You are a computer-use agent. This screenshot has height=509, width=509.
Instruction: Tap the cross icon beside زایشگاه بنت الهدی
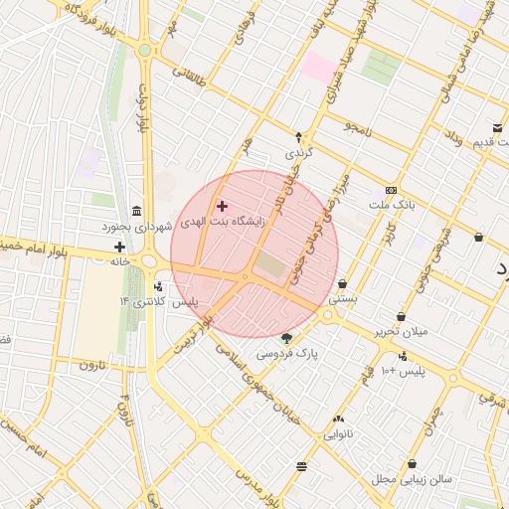pos(222,206)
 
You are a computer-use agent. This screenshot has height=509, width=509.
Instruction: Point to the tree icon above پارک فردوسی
pos(287,338)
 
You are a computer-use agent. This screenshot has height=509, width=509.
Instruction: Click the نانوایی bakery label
pos(339,434)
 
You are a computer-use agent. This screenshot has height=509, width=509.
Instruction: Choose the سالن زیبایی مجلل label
pos(412,479)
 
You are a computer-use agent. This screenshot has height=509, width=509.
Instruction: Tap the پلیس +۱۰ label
pos(403,371)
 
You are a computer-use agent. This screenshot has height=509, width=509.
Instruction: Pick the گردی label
pos(298,154)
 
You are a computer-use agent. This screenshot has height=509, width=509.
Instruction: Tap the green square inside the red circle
pos(269,265)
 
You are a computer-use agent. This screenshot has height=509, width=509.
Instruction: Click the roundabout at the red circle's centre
pos(245,276)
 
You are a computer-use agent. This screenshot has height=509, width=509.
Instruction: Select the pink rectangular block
pos(320,68)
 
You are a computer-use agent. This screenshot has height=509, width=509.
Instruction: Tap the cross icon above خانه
pos(119,247)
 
